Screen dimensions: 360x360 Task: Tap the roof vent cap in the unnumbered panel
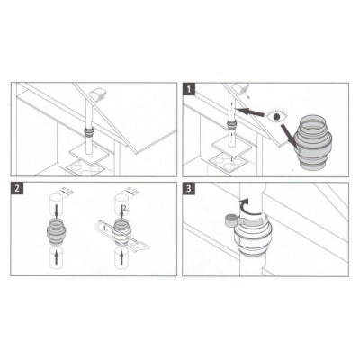point(96,94)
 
